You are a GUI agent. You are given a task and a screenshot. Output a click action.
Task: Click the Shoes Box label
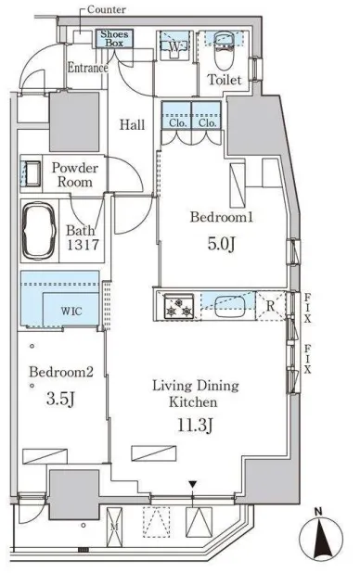coord(114,38)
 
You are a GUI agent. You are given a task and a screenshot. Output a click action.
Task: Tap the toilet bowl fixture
coord(225,51)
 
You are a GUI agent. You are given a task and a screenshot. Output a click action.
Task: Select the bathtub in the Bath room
coord(39,231)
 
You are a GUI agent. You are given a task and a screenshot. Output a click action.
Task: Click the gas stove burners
coord(178,307)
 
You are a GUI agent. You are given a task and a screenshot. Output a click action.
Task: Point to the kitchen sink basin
coord(229,306)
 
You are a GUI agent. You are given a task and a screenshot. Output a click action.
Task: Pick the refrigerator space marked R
coord(270,306)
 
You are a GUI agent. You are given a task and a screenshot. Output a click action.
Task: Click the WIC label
coord(71,312)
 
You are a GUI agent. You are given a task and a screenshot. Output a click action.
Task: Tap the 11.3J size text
coord(196,425)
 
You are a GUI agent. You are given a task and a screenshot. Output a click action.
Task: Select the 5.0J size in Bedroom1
coord(221,244)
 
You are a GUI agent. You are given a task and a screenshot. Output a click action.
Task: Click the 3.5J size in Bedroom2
coord(60,399)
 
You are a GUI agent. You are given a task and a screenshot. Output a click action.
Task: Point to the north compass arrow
coord(321,537)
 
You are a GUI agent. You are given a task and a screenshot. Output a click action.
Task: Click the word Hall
coord(132,125)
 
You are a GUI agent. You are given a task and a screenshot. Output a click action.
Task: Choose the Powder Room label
coord(75,174)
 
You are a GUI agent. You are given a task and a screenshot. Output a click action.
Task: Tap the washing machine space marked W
coord(175,46)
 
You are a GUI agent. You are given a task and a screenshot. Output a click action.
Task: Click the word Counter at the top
coord(107,9)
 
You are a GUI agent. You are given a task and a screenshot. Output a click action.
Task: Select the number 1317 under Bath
coord(83,245)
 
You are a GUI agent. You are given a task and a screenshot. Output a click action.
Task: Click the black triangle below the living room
coord(193,485)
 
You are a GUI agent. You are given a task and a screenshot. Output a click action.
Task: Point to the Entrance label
coord(88,68)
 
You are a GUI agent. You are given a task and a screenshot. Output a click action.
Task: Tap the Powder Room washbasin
coord(32,173)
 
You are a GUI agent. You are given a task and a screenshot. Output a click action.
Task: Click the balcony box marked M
coord(114,527)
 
